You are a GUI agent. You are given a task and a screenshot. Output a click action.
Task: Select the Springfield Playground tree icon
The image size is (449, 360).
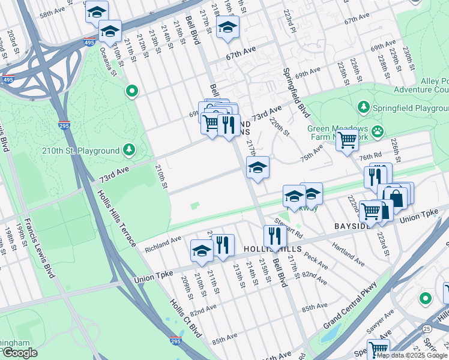point(363,107)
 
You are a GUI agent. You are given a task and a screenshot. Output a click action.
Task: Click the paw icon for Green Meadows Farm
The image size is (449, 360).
point(377,130)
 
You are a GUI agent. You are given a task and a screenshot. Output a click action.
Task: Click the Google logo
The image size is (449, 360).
point(20,353)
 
